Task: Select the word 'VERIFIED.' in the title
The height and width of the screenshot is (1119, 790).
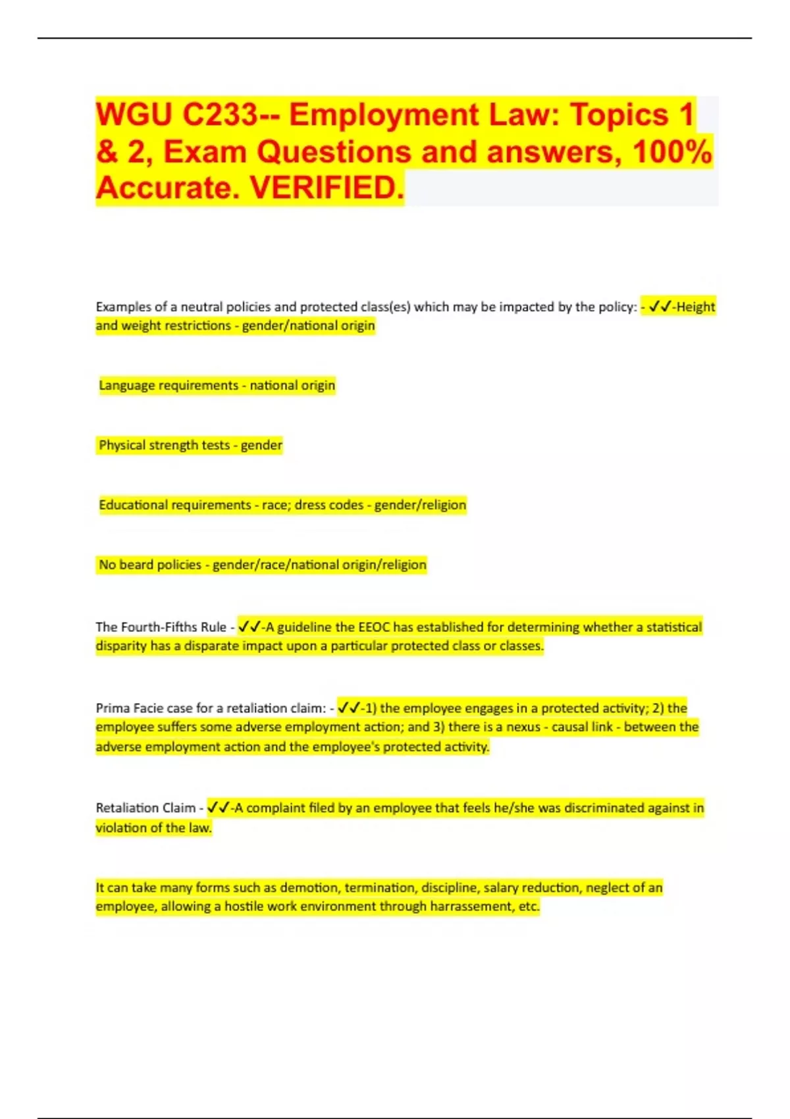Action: [x=327, y=188]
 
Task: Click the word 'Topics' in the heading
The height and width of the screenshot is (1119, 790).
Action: [x=619, y=115]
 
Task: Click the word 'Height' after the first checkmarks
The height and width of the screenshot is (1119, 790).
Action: [x=696, y=307]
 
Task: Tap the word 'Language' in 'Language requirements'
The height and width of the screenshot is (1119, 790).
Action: [x=126, y=385]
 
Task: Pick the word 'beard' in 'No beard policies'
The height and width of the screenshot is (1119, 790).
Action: [x=136, y=565]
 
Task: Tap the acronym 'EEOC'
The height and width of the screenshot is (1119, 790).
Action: [x=375, y=627]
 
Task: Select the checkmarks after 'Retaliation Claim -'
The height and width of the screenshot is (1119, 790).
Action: [x=218, y=808]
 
